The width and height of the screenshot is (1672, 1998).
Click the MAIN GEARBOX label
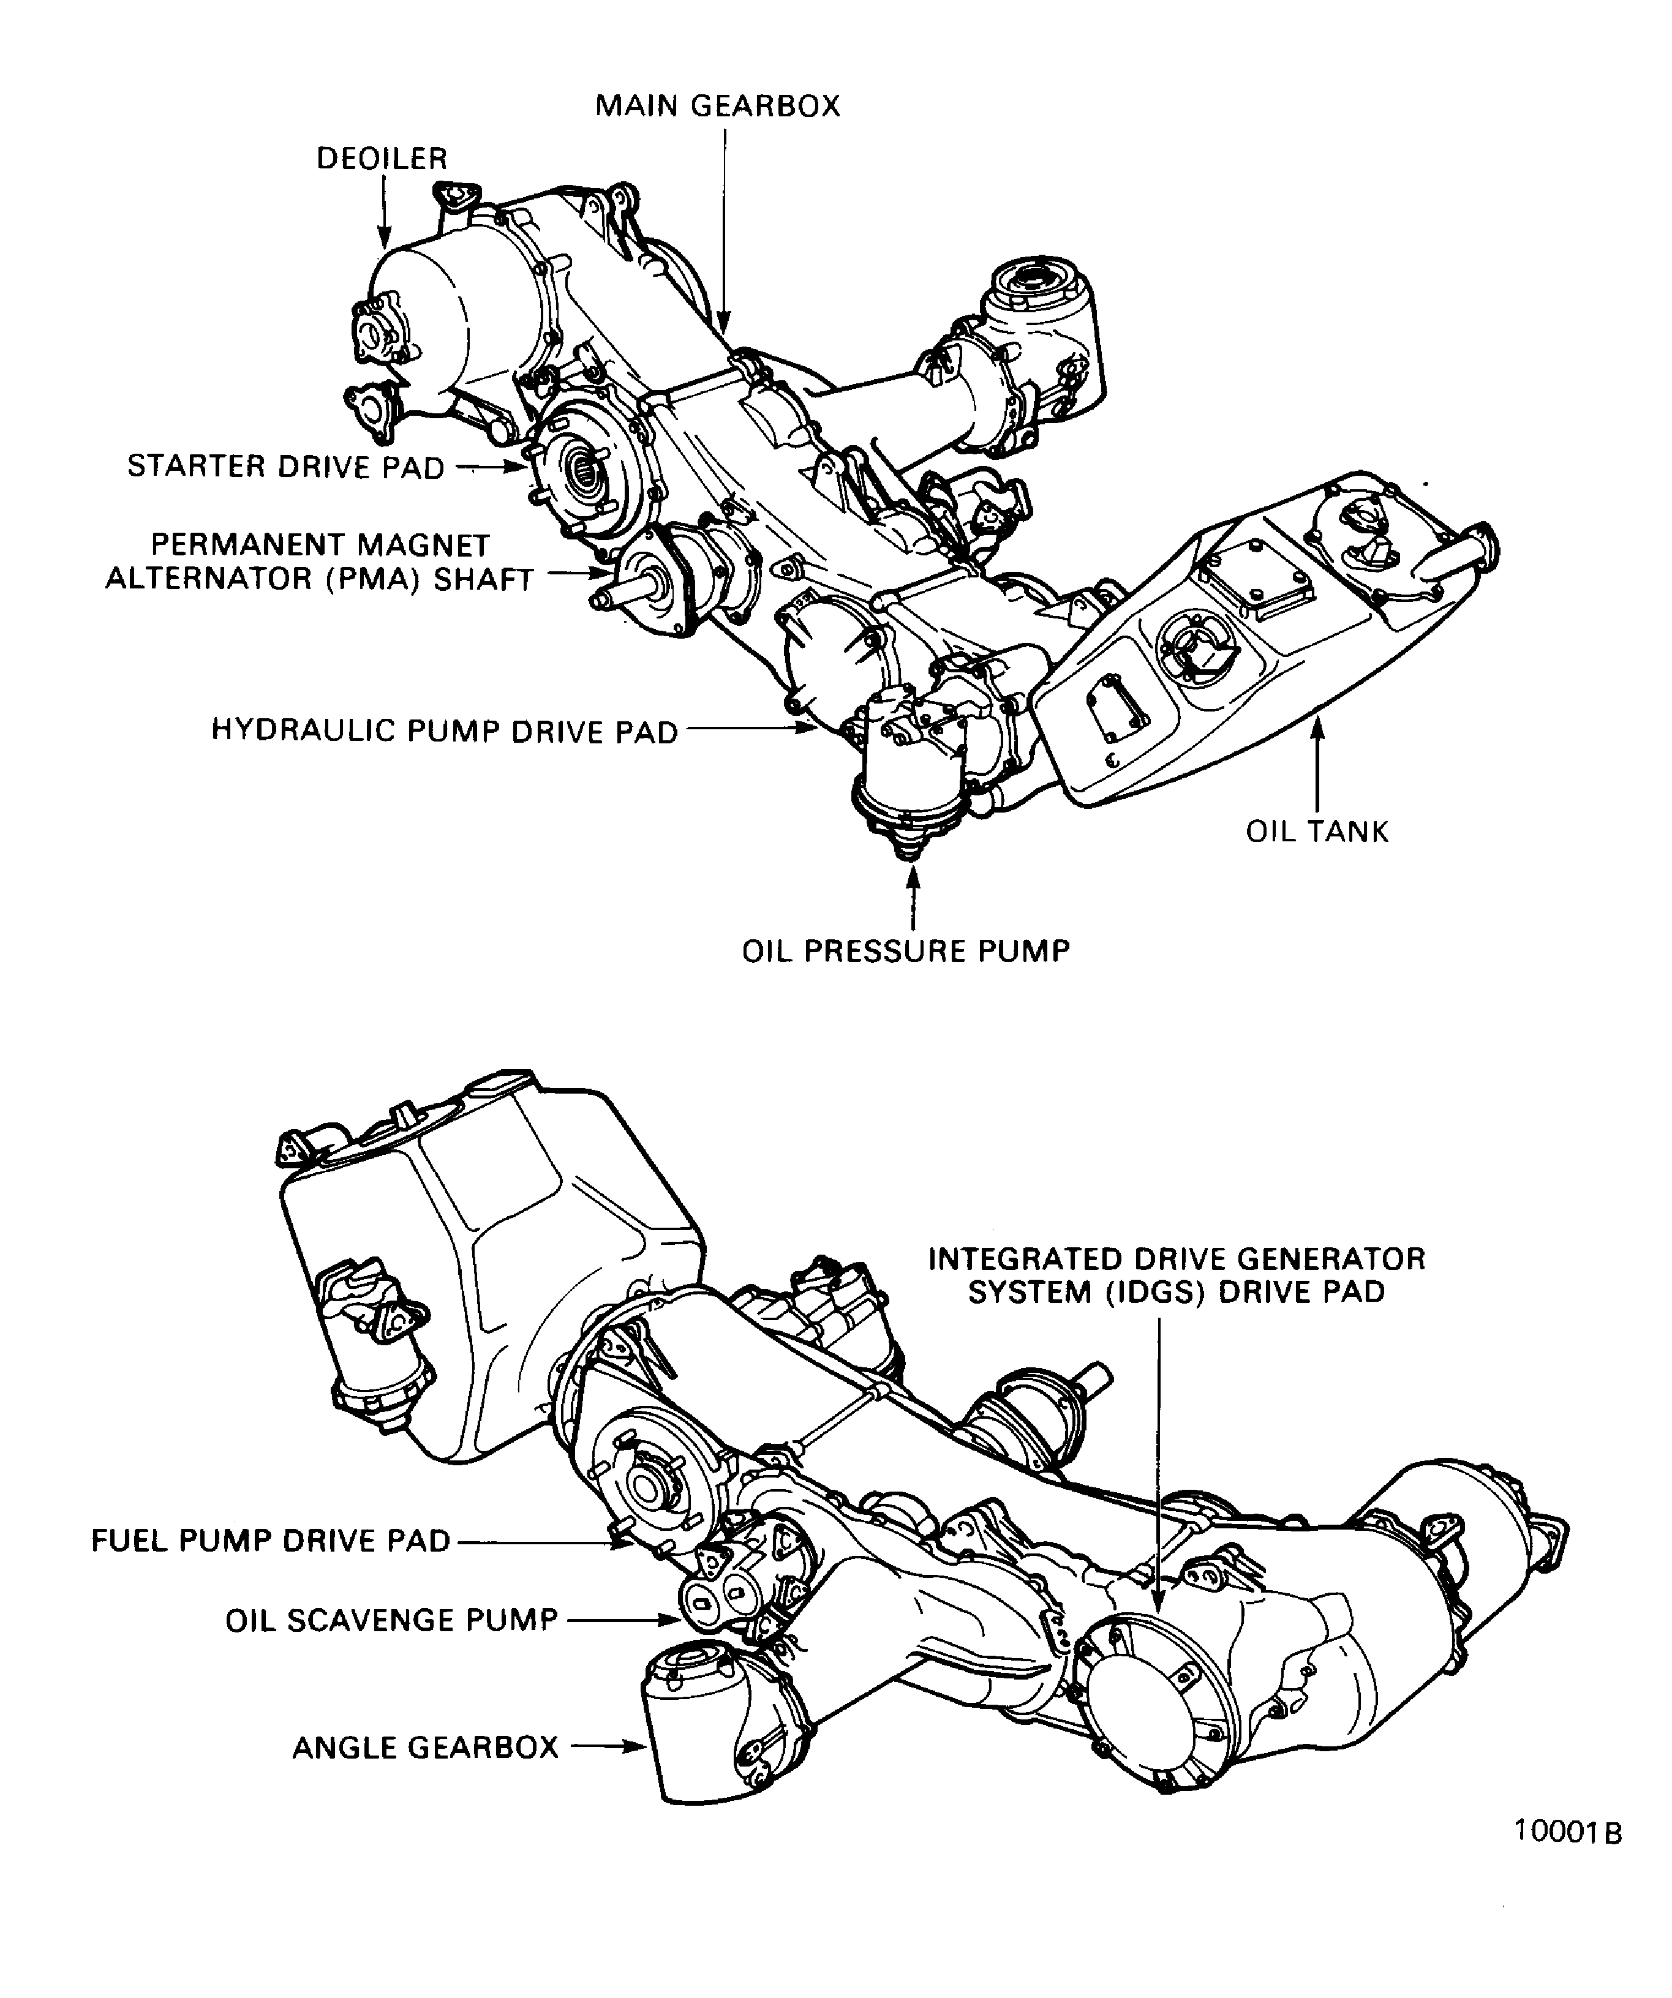click(x=718, y=105)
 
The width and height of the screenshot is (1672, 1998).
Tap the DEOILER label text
click(x=382, y=159)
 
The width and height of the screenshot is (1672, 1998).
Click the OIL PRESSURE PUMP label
click(x=906, y=952)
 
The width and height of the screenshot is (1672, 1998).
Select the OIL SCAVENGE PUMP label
click(x=392, y=1620)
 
